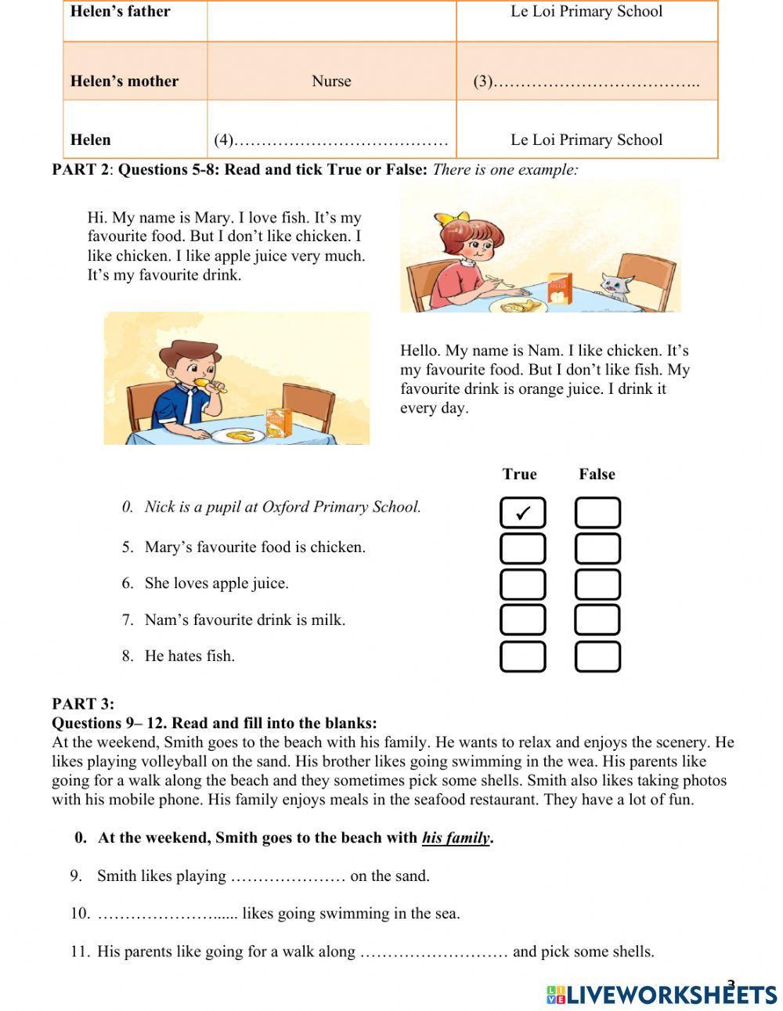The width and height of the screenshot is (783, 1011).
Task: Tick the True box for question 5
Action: click(522, 549)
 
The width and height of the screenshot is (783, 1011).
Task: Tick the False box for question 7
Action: click(597, 619)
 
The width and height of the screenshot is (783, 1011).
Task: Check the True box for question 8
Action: click(522, 656)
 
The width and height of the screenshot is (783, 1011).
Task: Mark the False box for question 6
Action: click(597, 584)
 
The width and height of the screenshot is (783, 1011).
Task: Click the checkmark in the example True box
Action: click(523, 514)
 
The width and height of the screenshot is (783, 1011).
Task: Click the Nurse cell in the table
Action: click(331, 81)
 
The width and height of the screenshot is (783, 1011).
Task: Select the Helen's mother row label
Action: click(124, 81)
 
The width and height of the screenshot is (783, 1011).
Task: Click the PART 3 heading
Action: click(82, 703)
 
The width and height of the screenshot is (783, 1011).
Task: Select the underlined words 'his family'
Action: click(456, 838)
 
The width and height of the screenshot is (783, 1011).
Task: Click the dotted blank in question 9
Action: click(287, 876)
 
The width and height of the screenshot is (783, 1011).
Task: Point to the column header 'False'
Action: click(597, 474)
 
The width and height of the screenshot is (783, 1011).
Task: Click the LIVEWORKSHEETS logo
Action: click(662, 994)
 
